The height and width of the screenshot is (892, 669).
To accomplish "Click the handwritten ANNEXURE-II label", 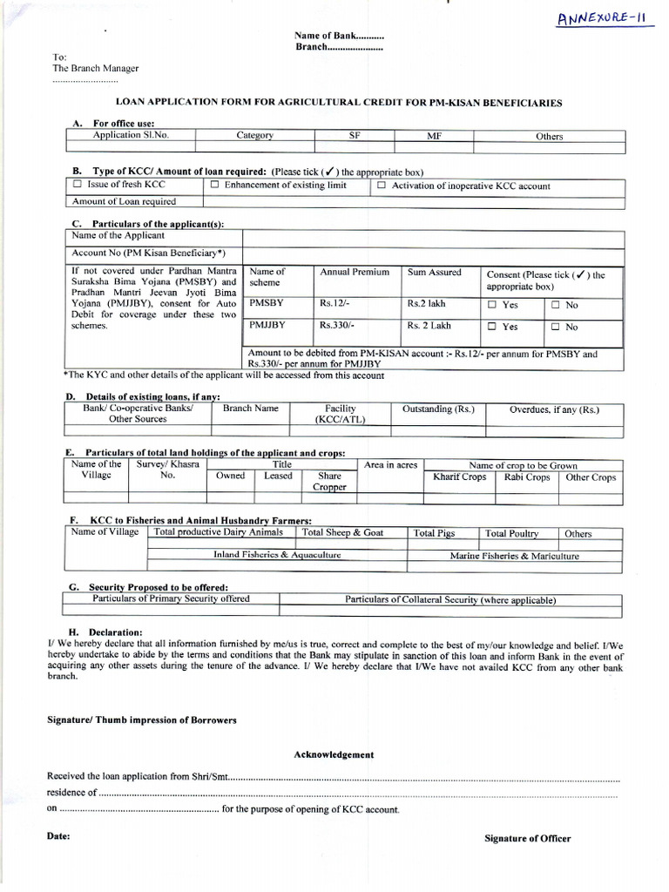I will [x=606, y=21].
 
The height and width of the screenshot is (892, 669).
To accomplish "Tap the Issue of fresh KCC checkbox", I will [x=78, y=186].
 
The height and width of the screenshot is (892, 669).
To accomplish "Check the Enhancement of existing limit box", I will [x=214, y=186].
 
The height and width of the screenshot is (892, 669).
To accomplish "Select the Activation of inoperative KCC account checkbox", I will [x=381, y=186].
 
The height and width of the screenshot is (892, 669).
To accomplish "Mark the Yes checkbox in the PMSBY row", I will [x=492, y=306].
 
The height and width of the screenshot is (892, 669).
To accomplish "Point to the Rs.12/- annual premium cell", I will [x=333, y=304].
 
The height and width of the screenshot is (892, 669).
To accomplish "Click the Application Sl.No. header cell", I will [x=129, y=136].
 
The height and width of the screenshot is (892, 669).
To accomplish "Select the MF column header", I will [x=435, y=137].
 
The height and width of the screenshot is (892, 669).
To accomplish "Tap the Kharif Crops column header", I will [x=460, y=477].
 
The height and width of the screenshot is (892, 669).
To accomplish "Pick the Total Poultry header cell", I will [x=511, y=534].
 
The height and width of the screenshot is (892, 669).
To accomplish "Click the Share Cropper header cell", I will [x=329, y=482].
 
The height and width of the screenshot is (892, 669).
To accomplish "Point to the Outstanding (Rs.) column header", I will [x=438, y=409].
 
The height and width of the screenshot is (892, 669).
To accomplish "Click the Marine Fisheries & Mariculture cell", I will [x=513, y=556].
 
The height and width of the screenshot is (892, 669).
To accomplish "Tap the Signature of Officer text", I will [x=527, y=839].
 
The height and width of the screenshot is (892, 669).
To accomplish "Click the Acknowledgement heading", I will [x=334, y=754].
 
